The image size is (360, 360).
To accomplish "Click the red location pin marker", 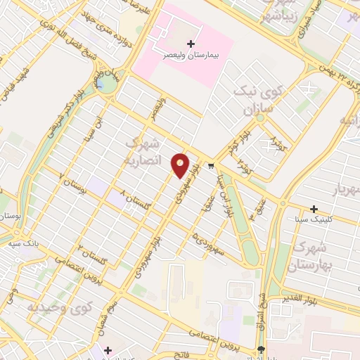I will click(x=181, y=165).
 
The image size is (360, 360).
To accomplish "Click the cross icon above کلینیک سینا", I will click(x=314, y=208).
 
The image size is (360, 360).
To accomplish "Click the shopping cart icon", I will click(x=210, y=167).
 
